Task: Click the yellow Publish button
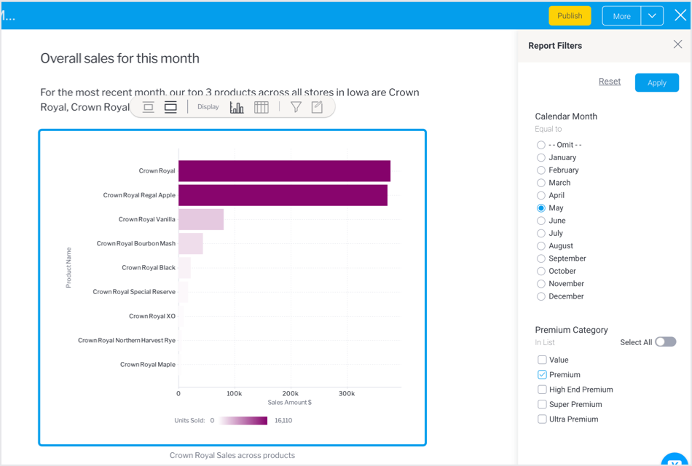coord(570,16)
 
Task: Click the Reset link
coord(610,82)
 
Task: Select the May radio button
coord(541,208)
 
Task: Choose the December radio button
coord(541,296)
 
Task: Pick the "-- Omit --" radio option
coord(541,145)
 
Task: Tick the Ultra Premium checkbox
coord(542,419)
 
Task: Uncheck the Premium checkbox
coord(542,375)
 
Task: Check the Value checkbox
coord(542,360)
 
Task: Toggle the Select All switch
coord(665,342)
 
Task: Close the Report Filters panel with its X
coord(677,44)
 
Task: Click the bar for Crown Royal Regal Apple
coord(283,195)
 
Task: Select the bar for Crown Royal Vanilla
coord(201,219)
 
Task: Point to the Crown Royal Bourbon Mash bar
coord(191,244)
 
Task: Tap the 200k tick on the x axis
coord(290,393)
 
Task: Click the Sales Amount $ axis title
coord(290,403)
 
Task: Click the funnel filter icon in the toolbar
coord(296,107)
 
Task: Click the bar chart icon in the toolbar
coord(237,107)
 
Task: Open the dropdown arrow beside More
coord(652,16)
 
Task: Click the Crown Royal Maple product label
coord(148,365)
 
